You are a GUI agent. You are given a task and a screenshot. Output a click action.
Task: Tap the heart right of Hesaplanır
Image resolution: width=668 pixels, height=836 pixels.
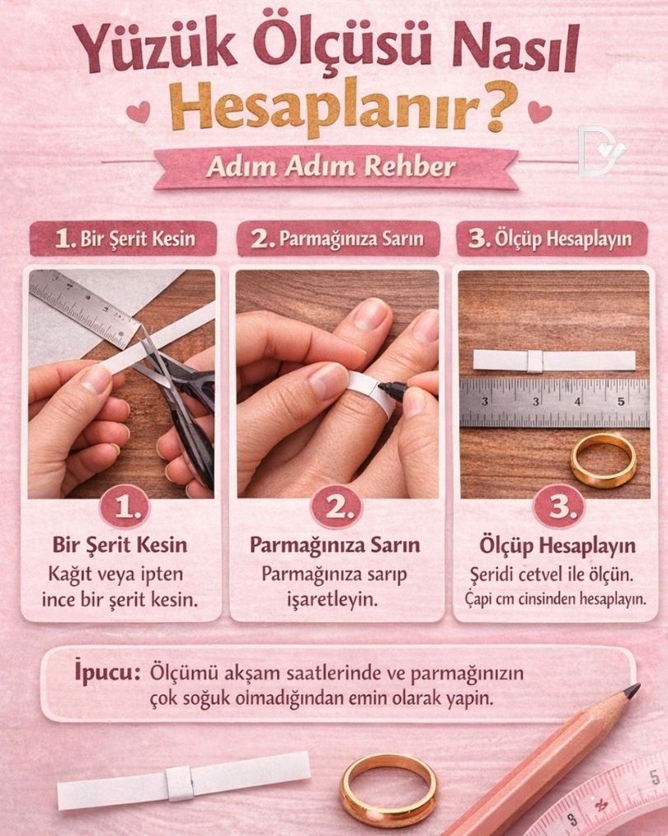coord(539,111)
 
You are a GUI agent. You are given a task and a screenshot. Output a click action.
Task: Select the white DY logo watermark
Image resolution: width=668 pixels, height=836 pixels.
coord(600,151)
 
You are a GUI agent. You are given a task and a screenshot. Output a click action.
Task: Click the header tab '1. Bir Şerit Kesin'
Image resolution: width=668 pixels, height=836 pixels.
coord(124,239)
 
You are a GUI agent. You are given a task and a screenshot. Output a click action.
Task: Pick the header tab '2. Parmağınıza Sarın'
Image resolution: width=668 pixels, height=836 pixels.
coord(337,239)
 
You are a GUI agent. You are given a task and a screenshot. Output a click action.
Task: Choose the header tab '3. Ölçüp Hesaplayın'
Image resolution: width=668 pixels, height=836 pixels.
coord(550,239)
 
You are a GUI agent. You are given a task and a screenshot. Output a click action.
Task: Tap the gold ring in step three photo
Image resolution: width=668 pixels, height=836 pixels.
coord(603,460)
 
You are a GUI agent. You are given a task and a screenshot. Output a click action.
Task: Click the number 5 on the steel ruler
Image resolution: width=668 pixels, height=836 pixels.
coord(620,402)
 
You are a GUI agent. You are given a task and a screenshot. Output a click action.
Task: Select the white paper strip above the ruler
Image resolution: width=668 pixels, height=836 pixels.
coord(554,361)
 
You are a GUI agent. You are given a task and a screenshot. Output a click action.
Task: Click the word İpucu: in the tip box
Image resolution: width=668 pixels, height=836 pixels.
coord(104,672)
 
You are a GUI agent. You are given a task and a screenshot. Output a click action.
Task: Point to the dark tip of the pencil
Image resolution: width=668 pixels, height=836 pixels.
coord(630,691)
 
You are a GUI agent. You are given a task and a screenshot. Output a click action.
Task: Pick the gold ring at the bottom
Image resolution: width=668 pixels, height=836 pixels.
coord(388,788)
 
